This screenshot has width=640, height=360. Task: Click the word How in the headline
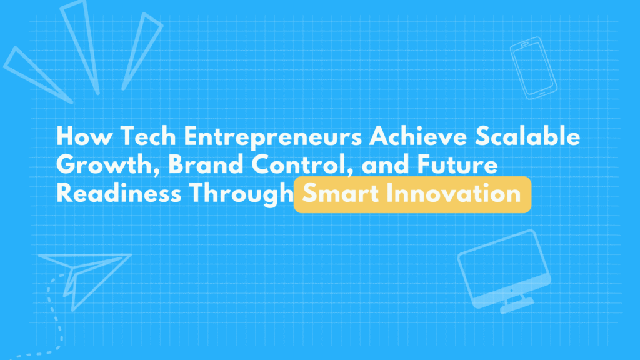point(84,136)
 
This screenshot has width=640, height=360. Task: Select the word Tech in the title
point(147,136)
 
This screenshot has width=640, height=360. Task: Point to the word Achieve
point(418,136)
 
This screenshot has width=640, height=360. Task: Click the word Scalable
point(527,136)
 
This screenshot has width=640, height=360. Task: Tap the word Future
point(457,164)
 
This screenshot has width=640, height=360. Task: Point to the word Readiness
point(119,192)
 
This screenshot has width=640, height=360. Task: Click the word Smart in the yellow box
point(341,194)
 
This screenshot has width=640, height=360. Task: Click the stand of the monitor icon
point(516,303)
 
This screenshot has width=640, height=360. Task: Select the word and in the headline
point(385,164)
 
